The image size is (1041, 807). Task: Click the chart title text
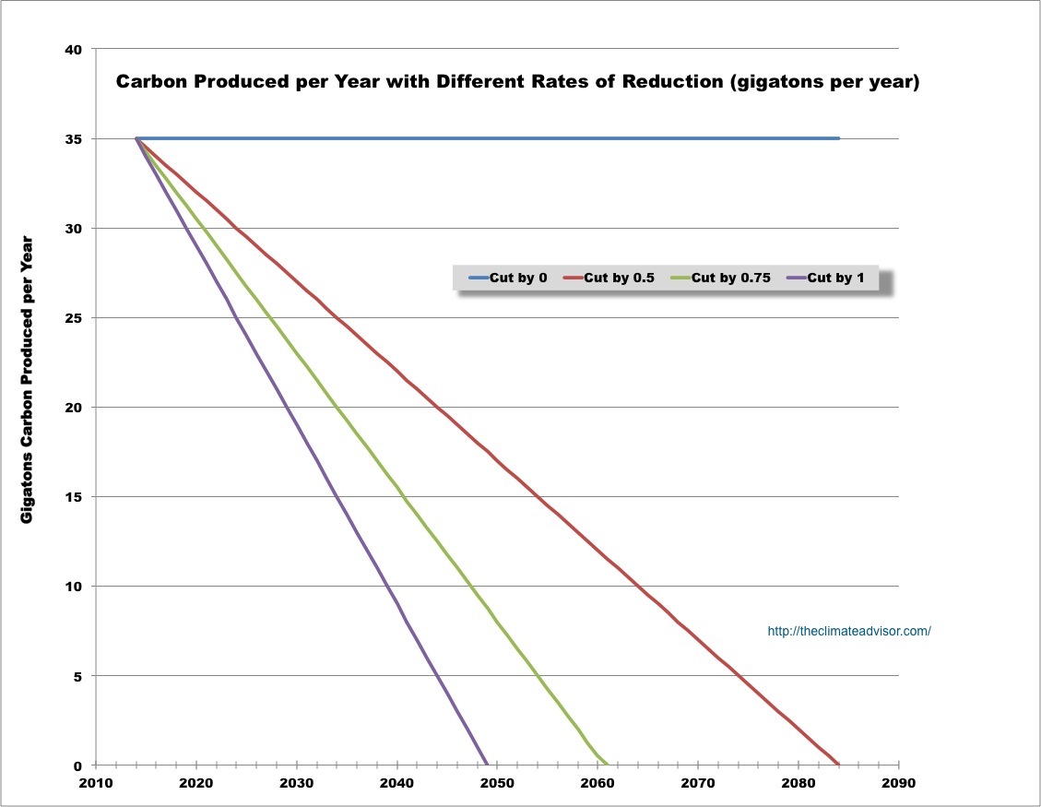pyautogui.click(x=516, y=82)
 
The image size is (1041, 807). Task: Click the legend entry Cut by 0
pyautogui.click(x=508, y=278)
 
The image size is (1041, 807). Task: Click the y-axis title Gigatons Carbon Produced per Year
pyautogui.click(x=27, y=379)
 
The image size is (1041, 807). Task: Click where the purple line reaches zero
pyautogui.click(x=487, y=765)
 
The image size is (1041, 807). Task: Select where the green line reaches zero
pyautogui.click(x=608, y=765)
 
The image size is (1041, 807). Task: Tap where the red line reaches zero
pyautogui.click(x=838, y=765)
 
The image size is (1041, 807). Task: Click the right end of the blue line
pyautogui.click(x=838, y=138)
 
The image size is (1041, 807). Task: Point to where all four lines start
pyautogui.click(x=136, y=139)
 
